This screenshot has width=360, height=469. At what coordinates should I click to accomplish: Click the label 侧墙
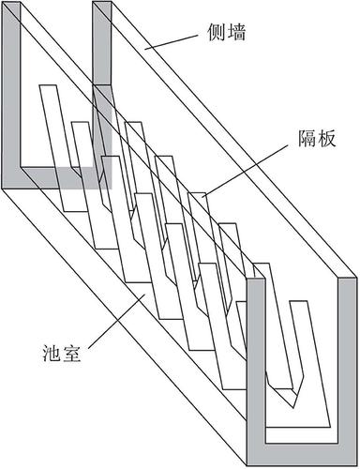click(227, 33)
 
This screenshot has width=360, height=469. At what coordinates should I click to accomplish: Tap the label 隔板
click(317, 139)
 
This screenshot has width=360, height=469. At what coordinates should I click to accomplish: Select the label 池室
click(62, 354)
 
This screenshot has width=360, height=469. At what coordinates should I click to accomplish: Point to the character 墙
click(236, 33)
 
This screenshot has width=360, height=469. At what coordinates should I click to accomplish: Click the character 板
click(326, 139)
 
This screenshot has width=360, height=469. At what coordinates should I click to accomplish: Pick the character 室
click(72, 354)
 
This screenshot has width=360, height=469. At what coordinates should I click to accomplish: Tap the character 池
click(52, 354)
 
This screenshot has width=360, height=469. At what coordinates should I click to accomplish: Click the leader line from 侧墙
click(172, 42)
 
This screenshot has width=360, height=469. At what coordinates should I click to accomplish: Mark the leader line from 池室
click(116, 322)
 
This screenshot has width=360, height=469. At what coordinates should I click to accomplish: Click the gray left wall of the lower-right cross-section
click(256, 369)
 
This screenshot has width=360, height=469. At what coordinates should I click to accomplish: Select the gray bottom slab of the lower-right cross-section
click(302, 452)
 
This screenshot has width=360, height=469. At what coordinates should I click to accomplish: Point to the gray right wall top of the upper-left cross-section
click(102, 45)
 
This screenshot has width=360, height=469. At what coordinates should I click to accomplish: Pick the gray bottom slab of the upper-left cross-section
click(57, 178)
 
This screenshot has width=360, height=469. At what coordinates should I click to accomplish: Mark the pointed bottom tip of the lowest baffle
click(293, 407)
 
